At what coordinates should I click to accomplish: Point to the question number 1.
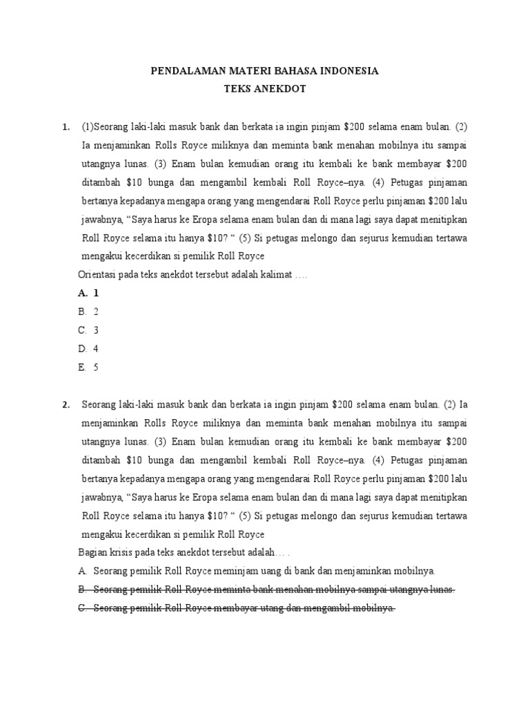pos(65,128)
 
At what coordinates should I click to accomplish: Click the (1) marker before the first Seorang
pos(88,128)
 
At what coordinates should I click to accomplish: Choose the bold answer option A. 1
pos(89,293)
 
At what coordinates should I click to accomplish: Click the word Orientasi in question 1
pos(100,275)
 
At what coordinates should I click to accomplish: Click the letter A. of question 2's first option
pos(83,572)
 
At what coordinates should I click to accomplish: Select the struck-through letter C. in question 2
pos(83,609)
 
